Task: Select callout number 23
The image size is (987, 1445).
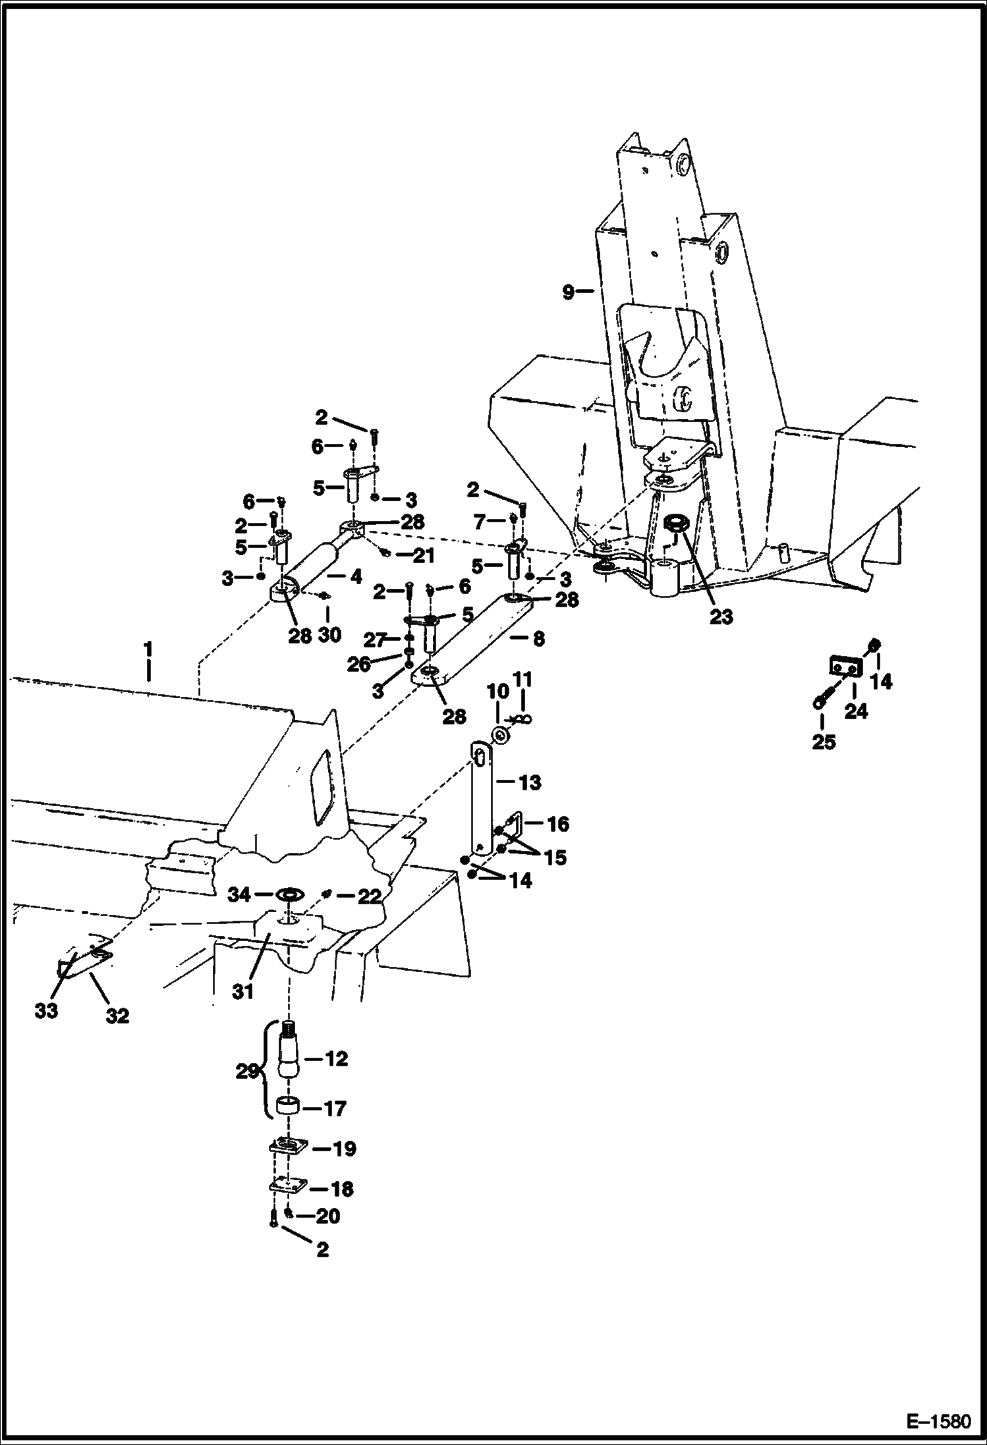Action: click(x=721, y=616)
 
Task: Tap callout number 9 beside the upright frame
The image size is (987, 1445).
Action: click(x=568, y=292)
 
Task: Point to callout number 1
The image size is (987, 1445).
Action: click(x=148, y=650)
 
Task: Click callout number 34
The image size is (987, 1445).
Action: click(x=239, y=894)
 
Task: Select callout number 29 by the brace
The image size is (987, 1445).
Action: click(x=247, y=1072)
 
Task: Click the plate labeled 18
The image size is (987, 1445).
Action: click(x=287, y=1186)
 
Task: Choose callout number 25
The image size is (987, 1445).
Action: click(x=824, y=742)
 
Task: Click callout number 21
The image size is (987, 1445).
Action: click(x=423, y=556)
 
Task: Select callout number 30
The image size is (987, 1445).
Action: click(x=329, y=634)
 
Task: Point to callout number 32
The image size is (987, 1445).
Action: click(x=118, y=1016)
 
